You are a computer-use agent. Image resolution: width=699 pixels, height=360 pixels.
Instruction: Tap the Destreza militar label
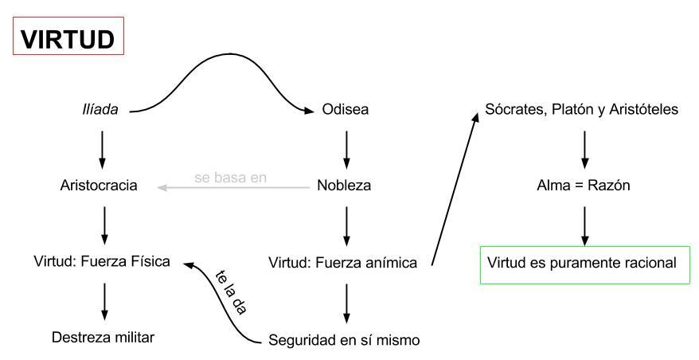103,336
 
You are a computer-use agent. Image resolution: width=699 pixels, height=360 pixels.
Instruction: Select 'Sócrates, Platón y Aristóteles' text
584,109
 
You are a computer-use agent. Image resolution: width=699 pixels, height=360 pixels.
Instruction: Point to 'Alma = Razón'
585,186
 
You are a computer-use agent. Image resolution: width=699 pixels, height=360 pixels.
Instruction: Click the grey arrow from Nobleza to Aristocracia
239,189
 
